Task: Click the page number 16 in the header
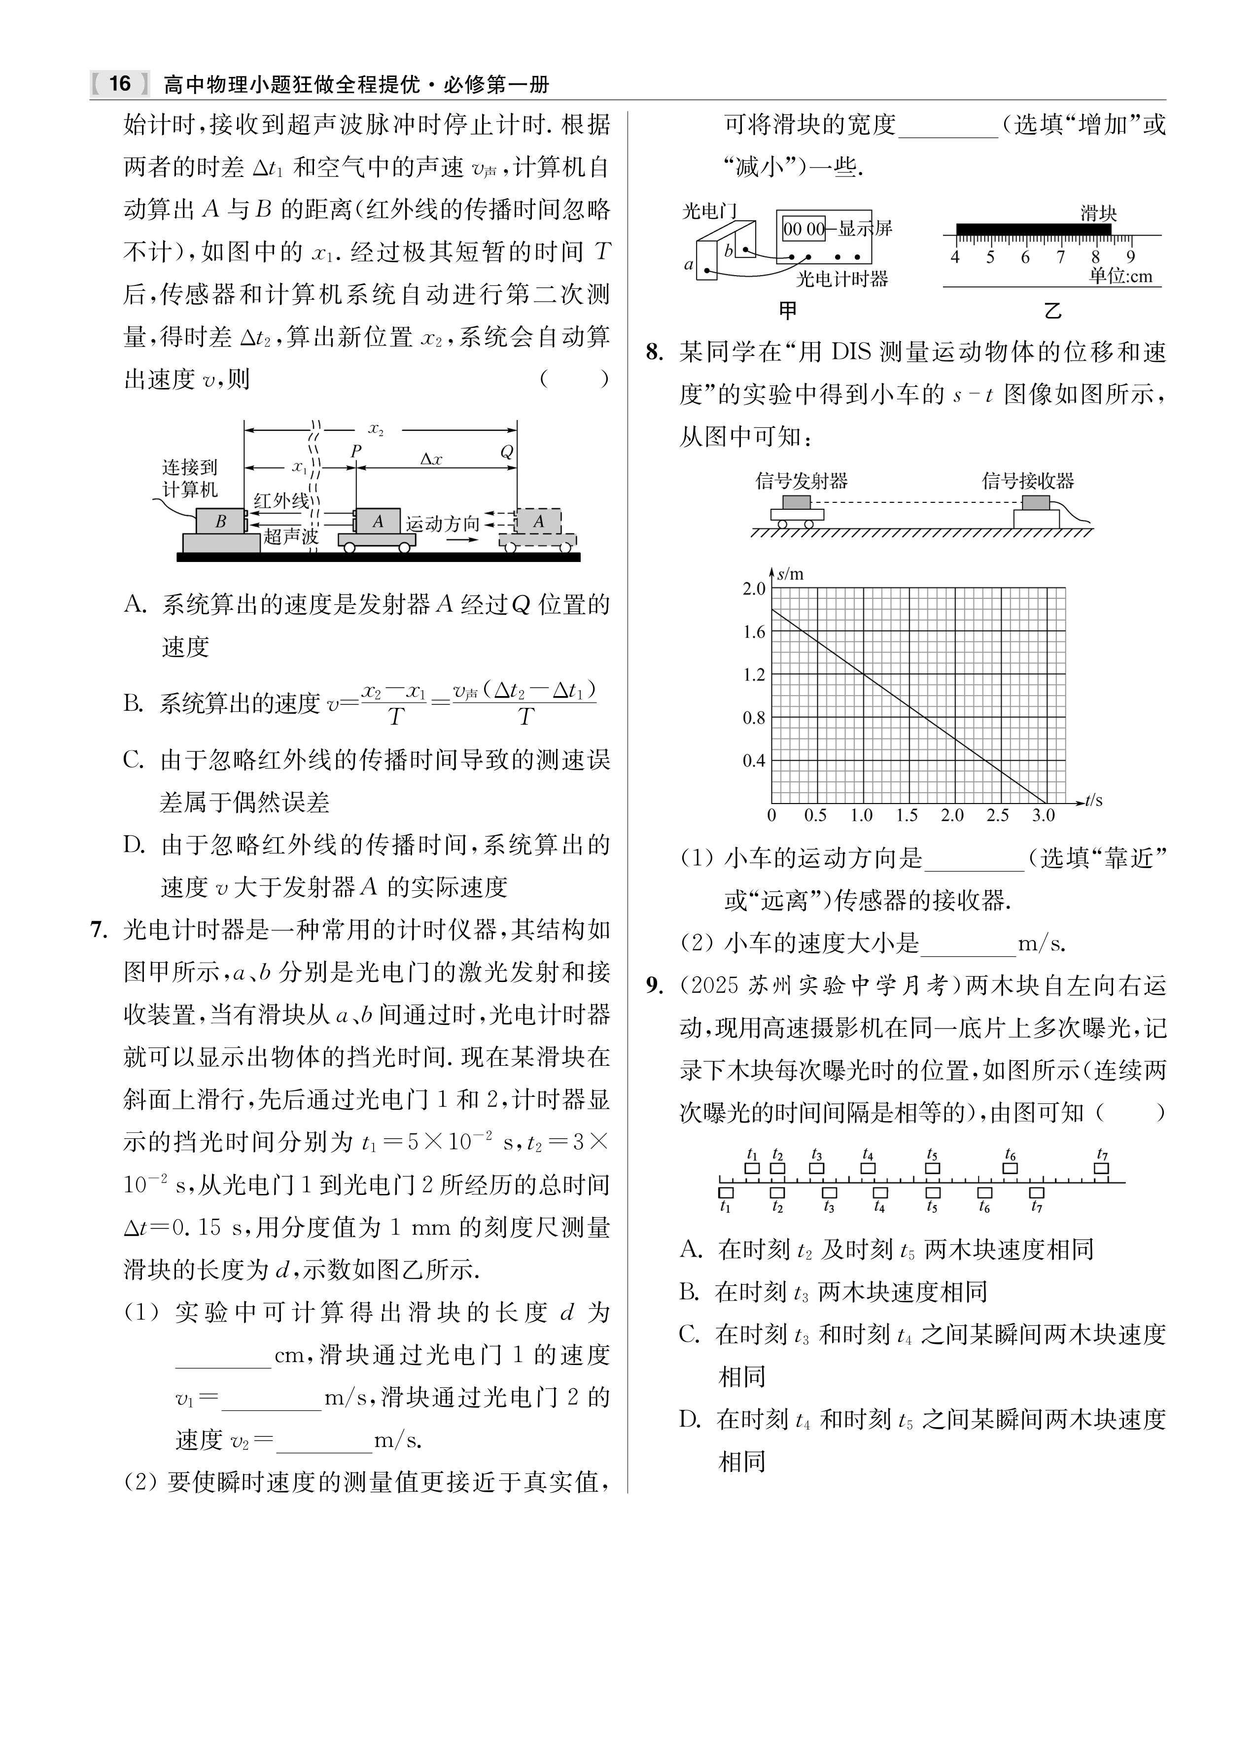coord(120,83)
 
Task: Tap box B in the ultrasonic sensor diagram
coord(220,522)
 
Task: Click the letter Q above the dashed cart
coord(507,452)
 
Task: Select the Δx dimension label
coord(431,459)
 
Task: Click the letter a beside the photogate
coord(688,265)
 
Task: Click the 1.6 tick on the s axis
coord(754,632)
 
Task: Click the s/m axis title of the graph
coord(790,574)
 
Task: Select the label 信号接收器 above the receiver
coord(1028,481)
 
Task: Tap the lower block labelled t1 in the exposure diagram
coord(726,1192)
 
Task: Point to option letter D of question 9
coord(689,1419)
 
